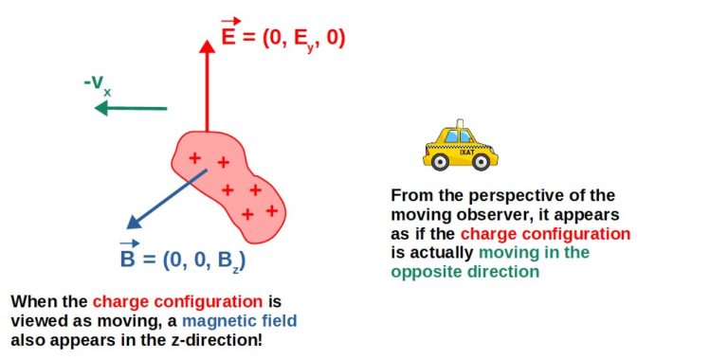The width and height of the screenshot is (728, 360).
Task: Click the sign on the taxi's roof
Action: (x=460, y=125)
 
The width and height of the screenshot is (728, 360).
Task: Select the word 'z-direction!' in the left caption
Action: (x=216, y=339)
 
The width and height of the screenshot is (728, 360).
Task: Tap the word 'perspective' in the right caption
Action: (x=513, y=195)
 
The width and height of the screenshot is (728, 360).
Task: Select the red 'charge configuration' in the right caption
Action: (x=545, y=233)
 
